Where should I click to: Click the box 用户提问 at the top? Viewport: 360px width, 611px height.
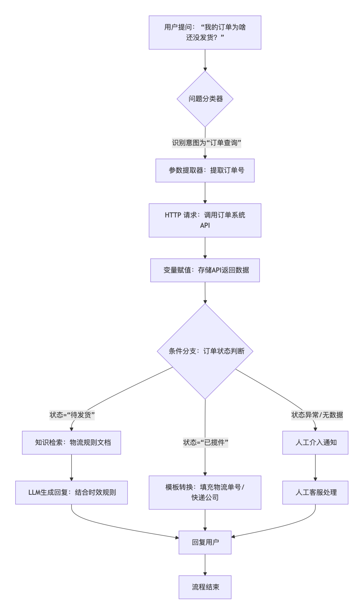pyautogui.click(x=205, y=32)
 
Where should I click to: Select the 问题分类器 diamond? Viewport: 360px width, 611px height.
pyautogui.click(x=205, y=99)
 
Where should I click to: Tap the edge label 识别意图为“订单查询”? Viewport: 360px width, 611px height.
pyautogui.click(x=206, y=143)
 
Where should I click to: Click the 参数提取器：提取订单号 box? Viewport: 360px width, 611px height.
pyautogui.click(x=205, y=170)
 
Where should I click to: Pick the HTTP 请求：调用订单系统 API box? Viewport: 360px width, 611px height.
pyautogui.click(x=205, y=220)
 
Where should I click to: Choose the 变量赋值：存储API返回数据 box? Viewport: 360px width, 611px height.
pyautogui.click(x=205, y=270)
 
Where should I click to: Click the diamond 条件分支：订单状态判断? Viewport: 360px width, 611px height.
pyautogui.click(x=205, y=351)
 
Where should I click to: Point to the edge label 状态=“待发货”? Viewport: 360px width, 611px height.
pyautogui.click(x=72, y=415)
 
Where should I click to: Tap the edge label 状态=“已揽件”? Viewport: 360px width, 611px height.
pyautogui.click(x=205, y=442)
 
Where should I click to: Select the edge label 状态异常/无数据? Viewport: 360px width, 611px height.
pyautogui.click(x=317, y=415)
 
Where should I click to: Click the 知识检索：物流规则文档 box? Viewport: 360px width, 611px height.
pyautogui.click(x=71, y=442)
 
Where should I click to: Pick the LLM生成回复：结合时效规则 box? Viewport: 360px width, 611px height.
pyautogui.click(x=71, y=492)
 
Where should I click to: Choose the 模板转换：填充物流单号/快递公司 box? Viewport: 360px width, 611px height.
pyautogui.click(x=205, y=492)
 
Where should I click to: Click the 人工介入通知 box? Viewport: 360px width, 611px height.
pyautogui.click(x=315, y=442)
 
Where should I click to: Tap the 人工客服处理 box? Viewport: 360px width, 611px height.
pyautogui.click(x=315, y=492)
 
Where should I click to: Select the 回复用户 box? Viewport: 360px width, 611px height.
pyautogui.click(x=205, y=542)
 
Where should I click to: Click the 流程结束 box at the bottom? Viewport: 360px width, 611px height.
pyautogui.click(x=205, y=587)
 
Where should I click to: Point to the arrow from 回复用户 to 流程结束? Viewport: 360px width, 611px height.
pyautogui.click(x=205, y=565)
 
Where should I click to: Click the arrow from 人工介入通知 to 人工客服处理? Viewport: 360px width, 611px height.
pyautogui.click(x=315, y=468)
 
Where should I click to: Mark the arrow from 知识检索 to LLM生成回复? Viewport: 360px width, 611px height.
pyautogui.click(x=71, y=468)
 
